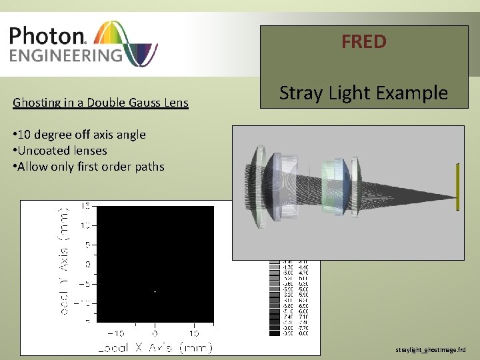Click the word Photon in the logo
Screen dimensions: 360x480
click(x=45, y=36)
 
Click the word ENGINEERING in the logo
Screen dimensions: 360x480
click(x=65, y=54)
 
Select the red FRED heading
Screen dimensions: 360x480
click(x=363, y=42)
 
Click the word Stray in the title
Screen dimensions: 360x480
click(x=301, y=93)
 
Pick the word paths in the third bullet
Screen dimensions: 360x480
click(x=147, y=167)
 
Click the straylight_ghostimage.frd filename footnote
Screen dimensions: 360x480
click(x=435, y=349)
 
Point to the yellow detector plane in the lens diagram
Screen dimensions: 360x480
click(x=458, y=187)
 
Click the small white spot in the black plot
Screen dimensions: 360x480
click(x=155, y=292)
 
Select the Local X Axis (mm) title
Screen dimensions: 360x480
click(x=155, y=347)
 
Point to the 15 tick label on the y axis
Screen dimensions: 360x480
click(x=87, y=207)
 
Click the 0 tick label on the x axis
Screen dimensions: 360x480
click(x=154, y=333)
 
